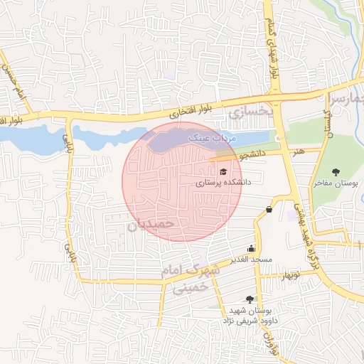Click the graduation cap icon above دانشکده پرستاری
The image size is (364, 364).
point(223,172)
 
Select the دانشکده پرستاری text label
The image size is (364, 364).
point(223,183)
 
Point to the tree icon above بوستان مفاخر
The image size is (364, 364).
point(336,171)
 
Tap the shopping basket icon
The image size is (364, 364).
point(269,209)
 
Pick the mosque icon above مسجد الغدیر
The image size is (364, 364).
point(251,249)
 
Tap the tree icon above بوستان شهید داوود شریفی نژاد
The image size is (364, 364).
point(248,300)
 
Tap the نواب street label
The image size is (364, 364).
point(269,338)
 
